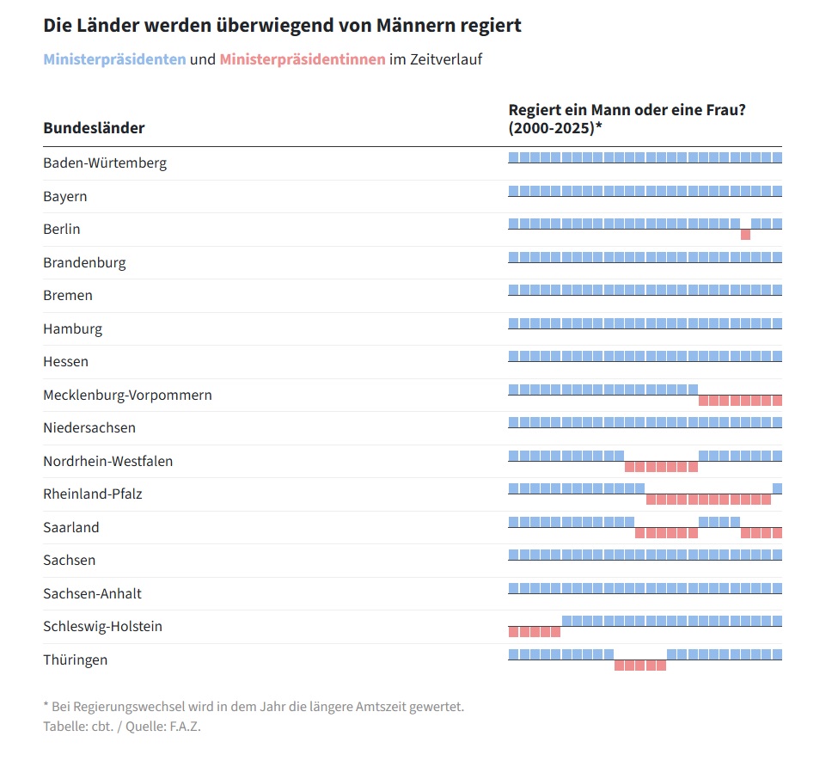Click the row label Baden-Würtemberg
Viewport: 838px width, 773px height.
coord(105,163)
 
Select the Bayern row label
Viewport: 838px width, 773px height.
coord(65,196)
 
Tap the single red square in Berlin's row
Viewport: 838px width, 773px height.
coord(745,235)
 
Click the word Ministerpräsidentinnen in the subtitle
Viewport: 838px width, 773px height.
coord(303,59)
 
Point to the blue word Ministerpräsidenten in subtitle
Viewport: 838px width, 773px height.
coord(114,59)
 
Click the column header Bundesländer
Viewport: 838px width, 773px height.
coord(94,128)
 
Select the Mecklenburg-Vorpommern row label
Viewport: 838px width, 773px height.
coord(127,395)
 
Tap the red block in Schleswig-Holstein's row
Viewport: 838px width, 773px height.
coord(534,632)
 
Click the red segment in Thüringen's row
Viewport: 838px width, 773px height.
coord(640,665)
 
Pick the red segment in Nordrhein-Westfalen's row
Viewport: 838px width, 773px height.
coord(661,466)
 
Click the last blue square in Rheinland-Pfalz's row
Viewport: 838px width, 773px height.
coord(777,488)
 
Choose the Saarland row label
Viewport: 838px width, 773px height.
coord(71,527)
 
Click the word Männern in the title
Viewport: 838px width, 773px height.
coord(413,25)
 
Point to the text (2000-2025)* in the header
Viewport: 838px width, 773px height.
coord(555,128)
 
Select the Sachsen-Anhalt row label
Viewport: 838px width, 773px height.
coord(92,593)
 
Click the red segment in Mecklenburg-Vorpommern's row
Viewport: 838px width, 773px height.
coord(740,400)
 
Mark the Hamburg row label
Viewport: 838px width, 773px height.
coord(72,328)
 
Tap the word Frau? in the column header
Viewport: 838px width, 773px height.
coord(724,110)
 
